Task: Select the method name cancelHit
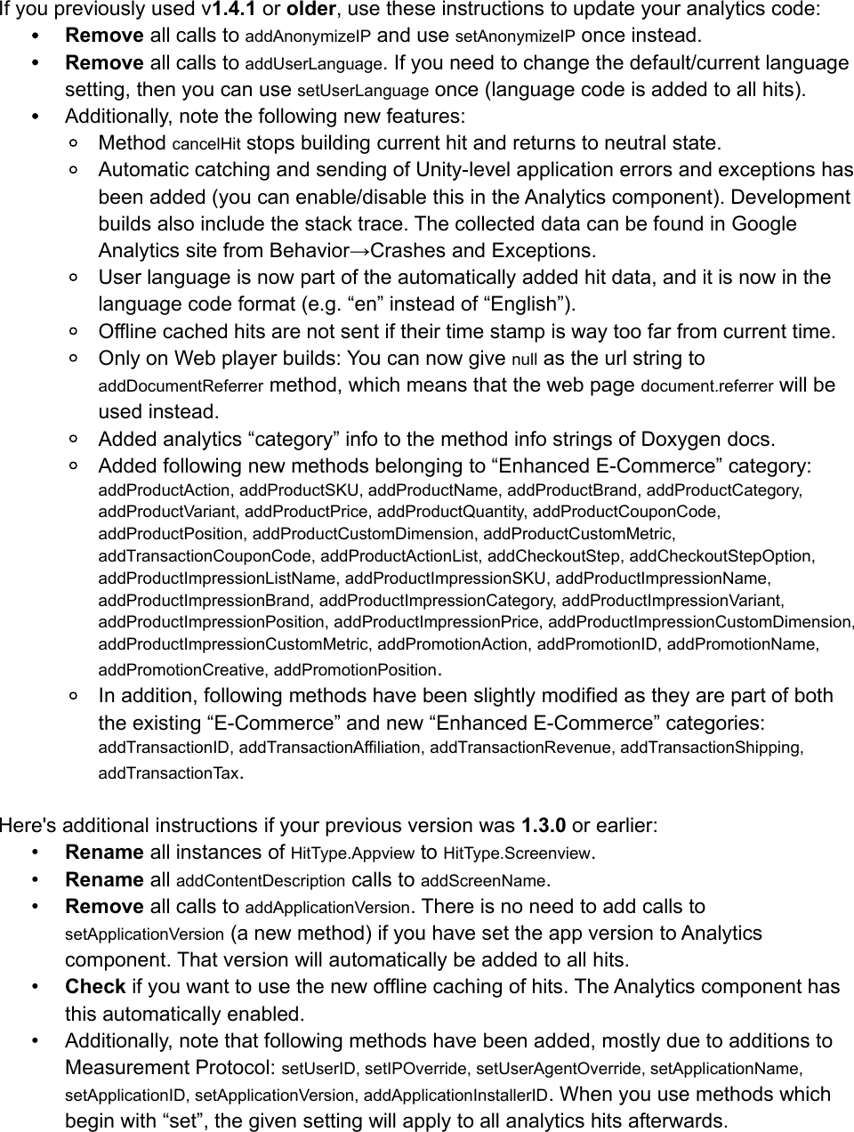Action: (x=206, y=144)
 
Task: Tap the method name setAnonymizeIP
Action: (x=514, y=36)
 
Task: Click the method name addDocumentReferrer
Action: (x=181, y=387)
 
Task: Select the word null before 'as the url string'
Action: (x=526, y=360)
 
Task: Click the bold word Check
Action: (x=95, y=986)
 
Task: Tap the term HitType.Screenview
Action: (x=517, y=853)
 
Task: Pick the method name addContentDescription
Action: (x=261, y=881)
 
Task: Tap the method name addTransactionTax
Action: (x=168, y=773)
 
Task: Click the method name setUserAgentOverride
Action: (x=560, y=1068)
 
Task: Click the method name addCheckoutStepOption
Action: (x=721, y=556)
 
